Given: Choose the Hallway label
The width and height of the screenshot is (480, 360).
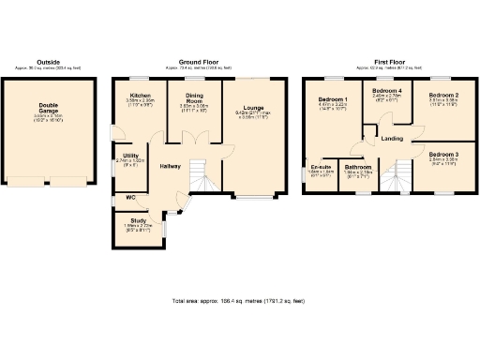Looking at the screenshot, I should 170,166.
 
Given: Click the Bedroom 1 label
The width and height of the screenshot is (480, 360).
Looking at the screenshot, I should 333,98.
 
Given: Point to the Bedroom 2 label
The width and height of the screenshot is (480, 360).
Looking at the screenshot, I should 443,96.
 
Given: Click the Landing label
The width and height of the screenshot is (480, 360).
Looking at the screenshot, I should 393,140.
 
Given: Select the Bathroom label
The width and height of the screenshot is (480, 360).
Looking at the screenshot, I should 358,167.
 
